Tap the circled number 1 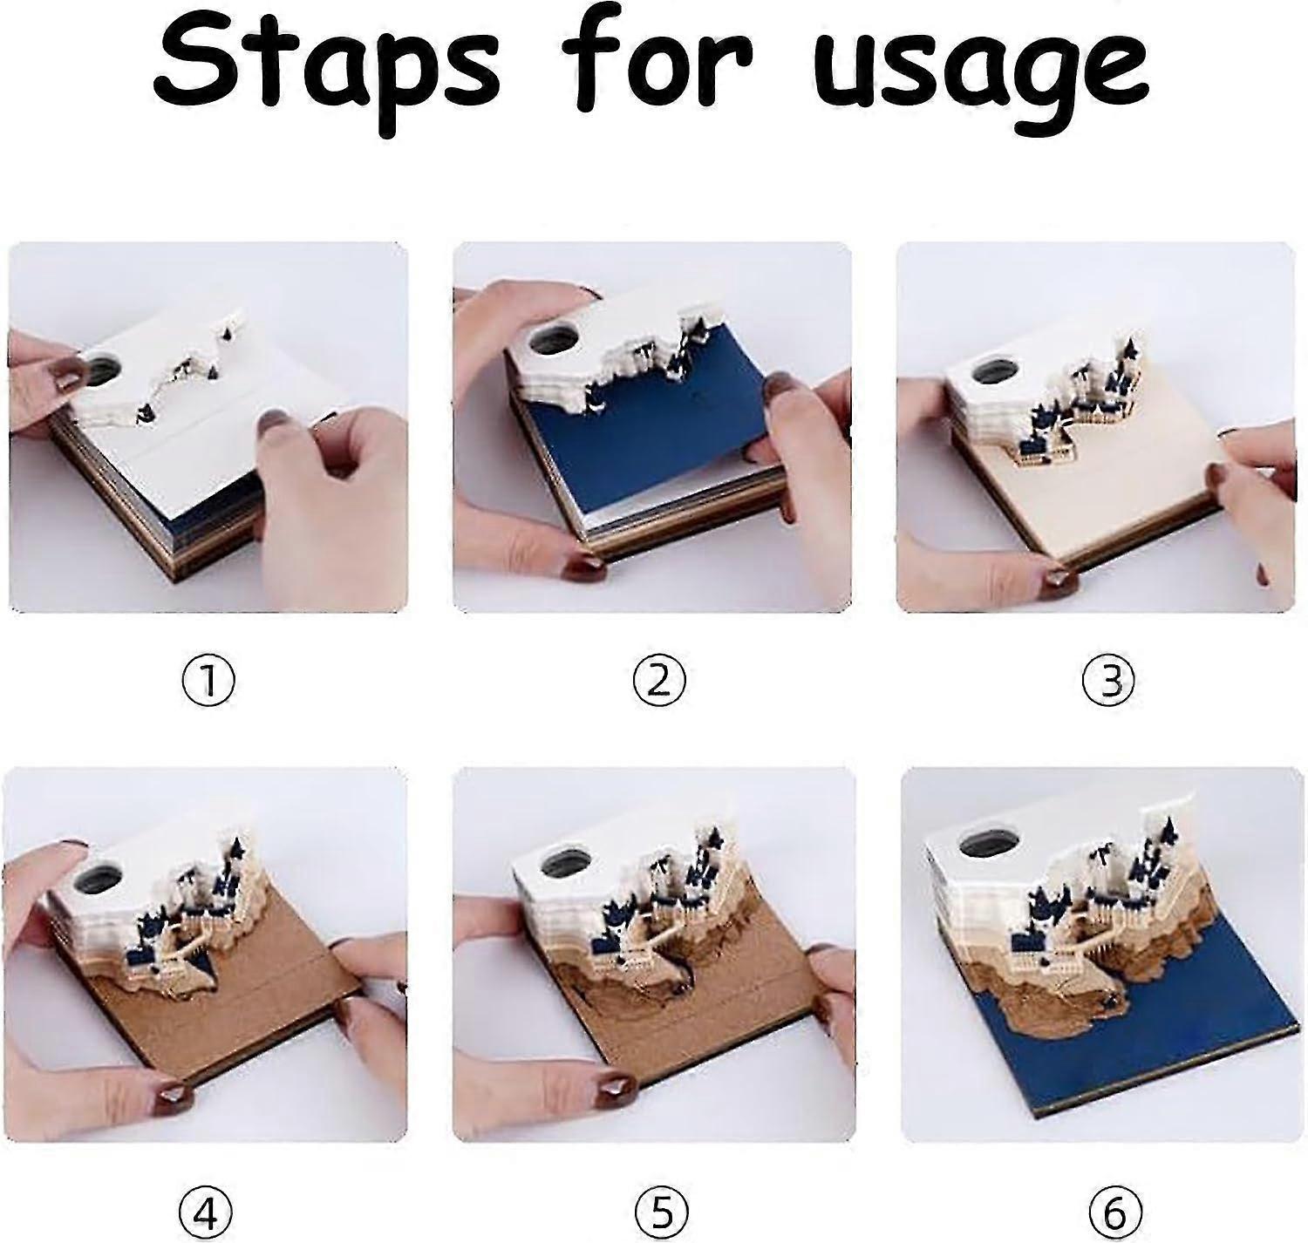pyautogui.click(x=208, y=681)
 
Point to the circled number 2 pyautogui.click(x=658, y=681)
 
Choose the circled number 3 pyautogui.click(x=1109, y=681)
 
